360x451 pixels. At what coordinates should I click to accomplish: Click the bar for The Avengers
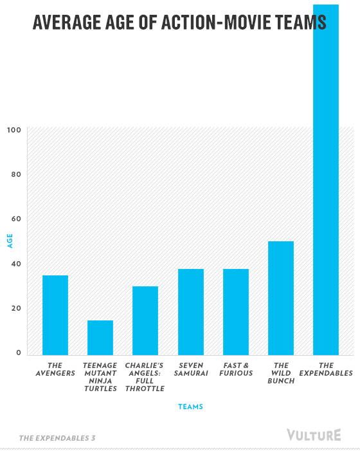point(55,315)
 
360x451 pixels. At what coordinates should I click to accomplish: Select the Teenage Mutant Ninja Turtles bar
point(100,338)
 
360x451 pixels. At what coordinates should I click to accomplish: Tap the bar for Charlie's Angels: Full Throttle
point(145,320)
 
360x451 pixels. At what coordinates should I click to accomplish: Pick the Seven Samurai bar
point(191,312)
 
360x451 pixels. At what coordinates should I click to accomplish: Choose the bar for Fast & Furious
point(236,312)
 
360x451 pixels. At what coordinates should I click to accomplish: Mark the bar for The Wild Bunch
point(281,299)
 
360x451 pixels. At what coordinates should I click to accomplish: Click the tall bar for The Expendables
point(326,179)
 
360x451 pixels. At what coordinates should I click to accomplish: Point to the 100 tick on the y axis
point(14,130)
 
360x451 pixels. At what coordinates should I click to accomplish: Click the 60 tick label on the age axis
point(16,219)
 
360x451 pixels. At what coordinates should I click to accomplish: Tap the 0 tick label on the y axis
point(19,353)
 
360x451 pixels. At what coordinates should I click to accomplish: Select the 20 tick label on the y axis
point(16,308)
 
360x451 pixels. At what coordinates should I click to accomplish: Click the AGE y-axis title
point(10,241)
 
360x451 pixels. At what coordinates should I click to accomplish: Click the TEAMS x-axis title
point(190,407)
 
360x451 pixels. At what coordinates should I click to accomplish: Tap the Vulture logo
point(314,435)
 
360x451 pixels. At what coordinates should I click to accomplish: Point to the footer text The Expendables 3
point(57,438)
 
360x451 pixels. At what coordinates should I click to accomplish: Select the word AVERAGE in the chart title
point(67,23)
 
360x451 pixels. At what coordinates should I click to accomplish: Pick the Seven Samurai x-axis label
point(191,369)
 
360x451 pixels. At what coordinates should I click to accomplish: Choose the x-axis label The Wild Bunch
point(281,373)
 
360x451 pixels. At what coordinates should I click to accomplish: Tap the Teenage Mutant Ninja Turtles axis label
point(100,377)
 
